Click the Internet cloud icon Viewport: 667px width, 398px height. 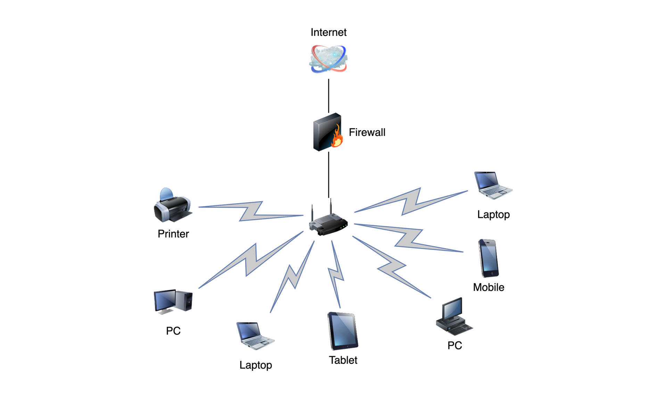328,59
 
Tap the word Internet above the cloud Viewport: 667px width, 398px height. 328,32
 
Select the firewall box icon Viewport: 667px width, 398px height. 326,132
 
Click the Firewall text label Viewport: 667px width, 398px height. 367,132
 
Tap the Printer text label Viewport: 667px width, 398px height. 173,234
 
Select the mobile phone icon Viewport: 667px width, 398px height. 488,258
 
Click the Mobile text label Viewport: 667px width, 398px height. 488,287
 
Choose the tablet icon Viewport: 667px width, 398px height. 343,331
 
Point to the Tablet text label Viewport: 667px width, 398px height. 343,360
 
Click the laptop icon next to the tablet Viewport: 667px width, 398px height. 255,335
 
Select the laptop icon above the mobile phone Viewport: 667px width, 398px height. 493,185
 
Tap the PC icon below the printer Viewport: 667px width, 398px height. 173,301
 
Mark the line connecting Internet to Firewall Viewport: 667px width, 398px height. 329,96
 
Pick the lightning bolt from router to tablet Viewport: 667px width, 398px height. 336,275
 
